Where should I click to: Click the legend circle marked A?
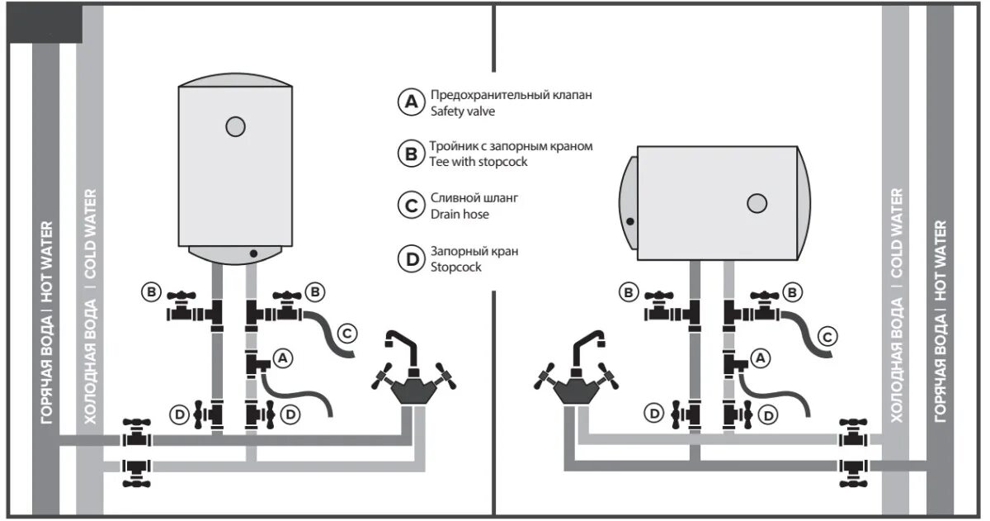click(x=410, y=102)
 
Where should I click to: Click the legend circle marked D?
click(x=410, y=258)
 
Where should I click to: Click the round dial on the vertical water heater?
click(x=235, y=126)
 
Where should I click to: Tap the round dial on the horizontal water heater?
click(x=757, y=203)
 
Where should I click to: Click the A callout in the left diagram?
click(x=283, y=358)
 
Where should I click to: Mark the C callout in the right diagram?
click(x=827, y=336)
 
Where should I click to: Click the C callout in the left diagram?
click(x=347, y=334)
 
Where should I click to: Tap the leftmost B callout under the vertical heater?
click(x=150, y=291)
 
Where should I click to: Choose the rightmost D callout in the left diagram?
click(x=289, y=414)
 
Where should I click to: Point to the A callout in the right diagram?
click(x=762, y=358)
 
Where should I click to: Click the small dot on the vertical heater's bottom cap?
click(x=253, y=253)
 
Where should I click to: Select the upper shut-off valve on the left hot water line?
click(x=135, y=432)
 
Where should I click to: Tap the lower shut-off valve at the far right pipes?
click(x=851, y=470)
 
